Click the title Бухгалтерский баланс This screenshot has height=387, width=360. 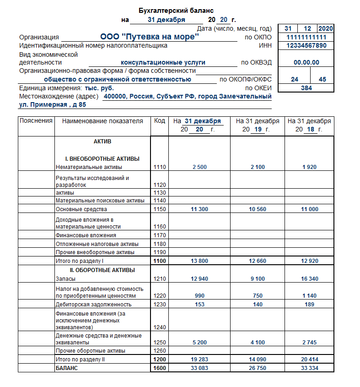(x=176, y=11)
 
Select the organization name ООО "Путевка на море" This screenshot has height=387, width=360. (x=149, y=37)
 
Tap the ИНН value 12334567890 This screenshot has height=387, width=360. (x=306, y=46)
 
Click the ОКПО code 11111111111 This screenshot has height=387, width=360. (x=306, y=37)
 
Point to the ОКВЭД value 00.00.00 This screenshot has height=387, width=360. (x=306, y=63)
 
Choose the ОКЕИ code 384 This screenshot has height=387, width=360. (x=306, y=88)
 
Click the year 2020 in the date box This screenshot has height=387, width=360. (x=325, y=28)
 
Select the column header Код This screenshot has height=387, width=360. (x=160, y=121)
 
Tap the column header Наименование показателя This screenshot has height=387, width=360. (x=102, y=121)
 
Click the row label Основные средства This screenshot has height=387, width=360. (x=81, y=209)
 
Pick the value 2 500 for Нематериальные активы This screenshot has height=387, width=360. (x=199, y=167)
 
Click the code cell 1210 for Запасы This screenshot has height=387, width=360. (x=160, y=279)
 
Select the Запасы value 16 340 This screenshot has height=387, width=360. (x=309, y=279)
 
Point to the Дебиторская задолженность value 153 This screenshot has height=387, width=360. (x=199, y=305)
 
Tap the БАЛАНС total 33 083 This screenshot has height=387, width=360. (x=199, y=368)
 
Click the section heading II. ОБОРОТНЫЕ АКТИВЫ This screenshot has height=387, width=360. (x=102, y=270)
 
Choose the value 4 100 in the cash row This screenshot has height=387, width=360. (x=258, y=342)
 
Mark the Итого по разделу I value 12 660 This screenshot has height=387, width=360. (x=258, y=261)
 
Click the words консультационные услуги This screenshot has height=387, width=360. (x=163, y=62)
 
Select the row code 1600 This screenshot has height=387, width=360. (x=160, y=368)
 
